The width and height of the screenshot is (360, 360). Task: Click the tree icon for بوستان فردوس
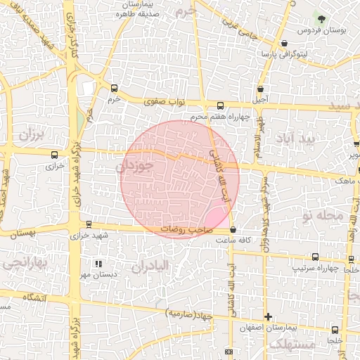[x=322, y=18]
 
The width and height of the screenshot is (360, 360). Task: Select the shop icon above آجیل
[x=262, y=89]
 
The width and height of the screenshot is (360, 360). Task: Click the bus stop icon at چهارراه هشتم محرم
[x=220, y=105]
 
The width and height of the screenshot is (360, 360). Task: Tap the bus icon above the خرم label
[x=114, y=89]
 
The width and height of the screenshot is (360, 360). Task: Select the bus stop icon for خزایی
[x=54, y=155]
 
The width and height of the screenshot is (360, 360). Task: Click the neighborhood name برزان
[x=31, y=134]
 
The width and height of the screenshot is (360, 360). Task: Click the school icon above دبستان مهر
[x=98, y=263]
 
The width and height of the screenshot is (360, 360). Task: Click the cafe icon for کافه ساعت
[x=233, y=229]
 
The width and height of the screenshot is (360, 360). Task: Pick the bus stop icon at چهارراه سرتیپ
[x=314, y=257]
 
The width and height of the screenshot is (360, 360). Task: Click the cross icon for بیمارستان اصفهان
[x=266, y=317]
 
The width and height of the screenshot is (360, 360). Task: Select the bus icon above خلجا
[x=334, y=328]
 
